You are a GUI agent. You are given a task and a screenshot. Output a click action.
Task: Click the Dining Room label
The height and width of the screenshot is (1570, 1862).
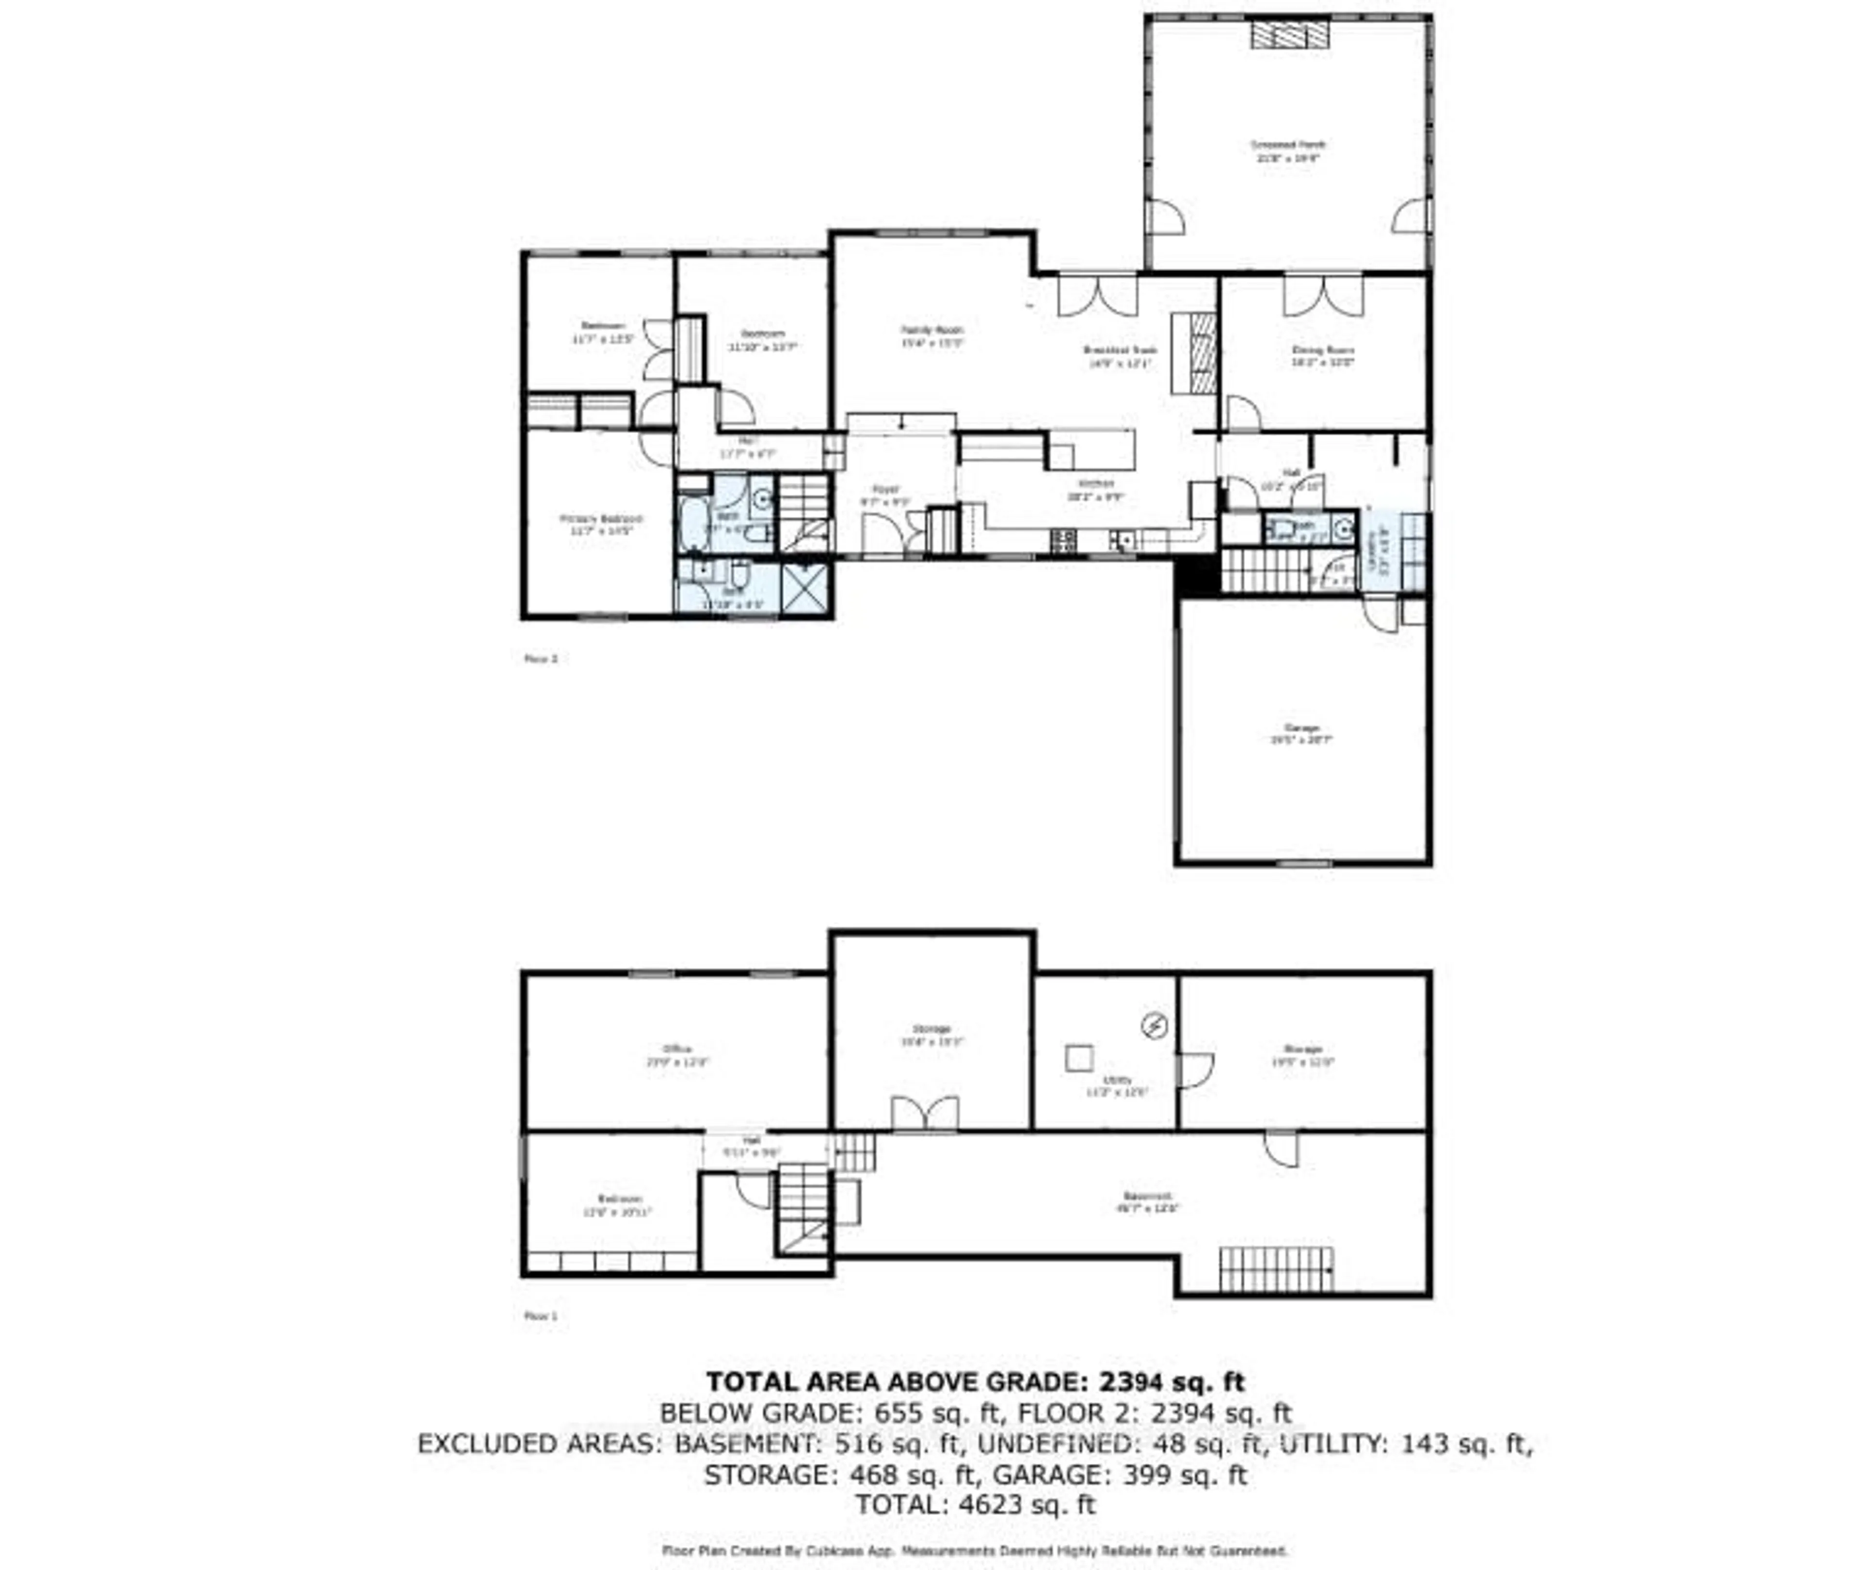(x=1323, y=356)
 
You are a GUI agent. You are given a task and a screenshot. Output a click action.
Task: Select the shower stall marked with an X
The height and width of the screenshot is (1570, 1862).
(x=805, y=587)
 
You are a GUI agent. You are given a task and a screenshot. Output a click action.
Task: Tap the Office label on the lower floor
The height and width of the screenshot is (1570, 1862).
(x=676, y=1055)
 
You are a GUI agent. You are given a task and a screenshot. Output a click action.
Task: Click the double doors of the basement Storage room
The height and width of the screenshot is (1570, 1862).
(x=925, y=1113)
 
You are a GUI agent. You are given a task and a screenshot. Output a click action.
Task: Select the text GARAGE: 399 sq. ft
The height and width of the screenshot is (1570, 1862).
(x=1119, y=1475)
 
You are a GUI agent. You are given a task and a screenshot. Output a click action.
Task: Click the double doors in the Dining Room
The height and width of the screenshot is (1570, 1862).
(x=1323, y=296)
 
